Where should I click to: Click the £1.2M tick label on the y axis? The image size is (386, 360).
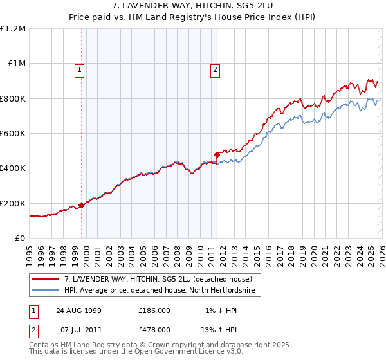click(13, 28)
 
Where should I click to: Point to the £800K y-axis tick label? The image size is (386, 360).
click(13, 98)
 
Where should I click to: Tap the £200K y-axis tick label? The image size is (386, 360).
click(13, 203)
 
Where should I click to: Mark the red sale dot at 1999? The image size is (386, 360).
click(82, 206)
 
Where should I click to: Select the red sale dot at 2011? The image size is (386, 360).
click(217, 154)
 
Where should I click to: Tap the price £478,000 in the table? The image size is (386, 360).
click(154, 329)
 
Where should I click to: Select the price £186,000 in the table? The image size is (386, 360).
click(154, 310)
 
